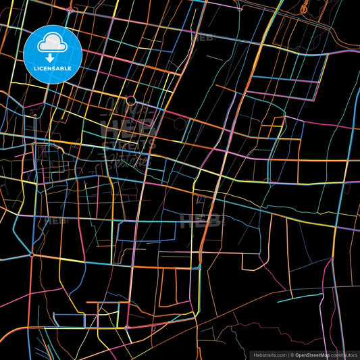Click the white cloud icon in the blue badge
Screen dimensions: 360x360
click(x=52, y=44)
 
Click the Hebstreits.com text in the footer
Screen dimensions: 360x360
click(x=269, y=354)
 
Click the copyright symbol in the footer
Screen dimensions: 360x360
click(x=292, y=354)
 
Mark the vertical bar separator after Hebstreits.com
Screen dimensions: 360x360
click(x=288, y=354)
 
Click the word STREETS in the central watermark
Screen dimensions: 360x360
click(x=128, y=143)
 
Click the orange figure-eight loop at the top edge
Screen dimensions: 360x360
click(x=304, y=8)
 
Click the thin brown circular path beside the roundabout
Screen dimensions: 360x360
click(x=180, y=124)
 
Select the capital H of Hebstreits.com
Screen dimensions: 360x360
click(x=255, y=354)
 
